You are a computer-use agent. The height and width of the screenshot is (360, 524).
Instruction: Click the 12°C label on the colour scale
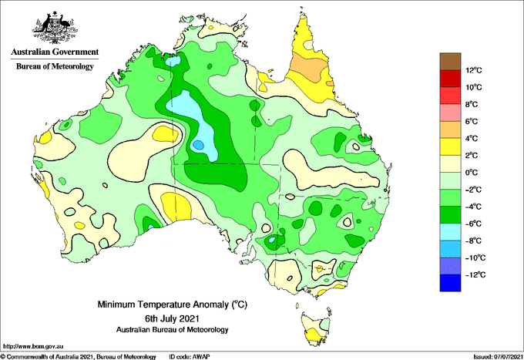point(474,70)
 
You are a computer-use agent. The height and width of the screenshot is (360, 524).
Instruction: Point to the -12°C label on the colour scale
point(475,274)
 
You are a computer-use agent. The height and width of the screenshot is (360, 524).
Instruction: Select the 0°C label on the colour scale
point(472,173)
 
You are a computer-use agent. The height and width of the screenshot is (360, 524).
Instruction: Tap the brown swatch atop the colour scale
point(450,61)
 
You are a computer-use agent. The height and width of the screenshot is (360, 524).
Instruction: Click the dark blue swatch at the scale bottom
point(450,283)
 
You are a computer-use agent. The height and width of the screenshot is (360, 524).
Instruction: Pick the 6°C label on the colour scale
point(472,121)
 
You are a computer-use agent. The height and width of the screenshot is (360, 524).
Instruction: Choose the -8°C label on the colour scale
point(473,241)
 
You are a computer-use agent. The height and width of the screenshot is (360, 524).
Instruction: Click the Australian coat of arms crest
point(55,28)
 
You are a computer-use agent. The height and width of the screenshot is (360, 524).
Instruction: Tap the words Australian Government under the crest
point(55,52)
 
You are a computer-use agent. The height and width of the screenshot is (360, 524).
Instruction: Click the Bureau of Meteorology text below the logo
point(55,66)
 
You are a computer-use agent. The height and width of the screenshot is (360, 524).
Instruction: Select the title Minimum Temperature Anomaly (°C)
point(172,304)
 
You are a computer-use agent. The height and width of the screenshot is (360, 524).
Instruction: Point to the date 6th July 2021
point(172,318)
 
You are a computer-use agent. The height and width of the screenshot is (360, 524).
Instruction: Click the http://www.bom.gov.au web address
point(33,346)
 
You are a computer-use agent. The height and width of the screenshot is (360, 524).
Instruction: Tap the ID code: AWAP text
point(190,357)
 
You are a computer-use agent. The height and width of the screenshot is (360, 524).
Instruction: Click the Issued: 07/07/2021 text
point(498,357)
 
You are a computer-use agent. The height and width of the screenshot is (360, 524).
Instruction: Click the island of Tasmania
point(316,328)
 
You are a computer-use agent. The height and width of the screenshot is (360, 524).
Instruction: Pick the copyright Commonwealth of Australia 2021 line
point(79,357)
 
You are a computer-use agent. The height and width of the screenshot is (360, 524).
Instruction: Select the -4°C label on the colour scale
point(473,207)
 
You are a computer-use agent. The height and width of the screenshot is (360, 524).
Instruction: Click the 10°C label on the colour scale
point(474,87)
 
